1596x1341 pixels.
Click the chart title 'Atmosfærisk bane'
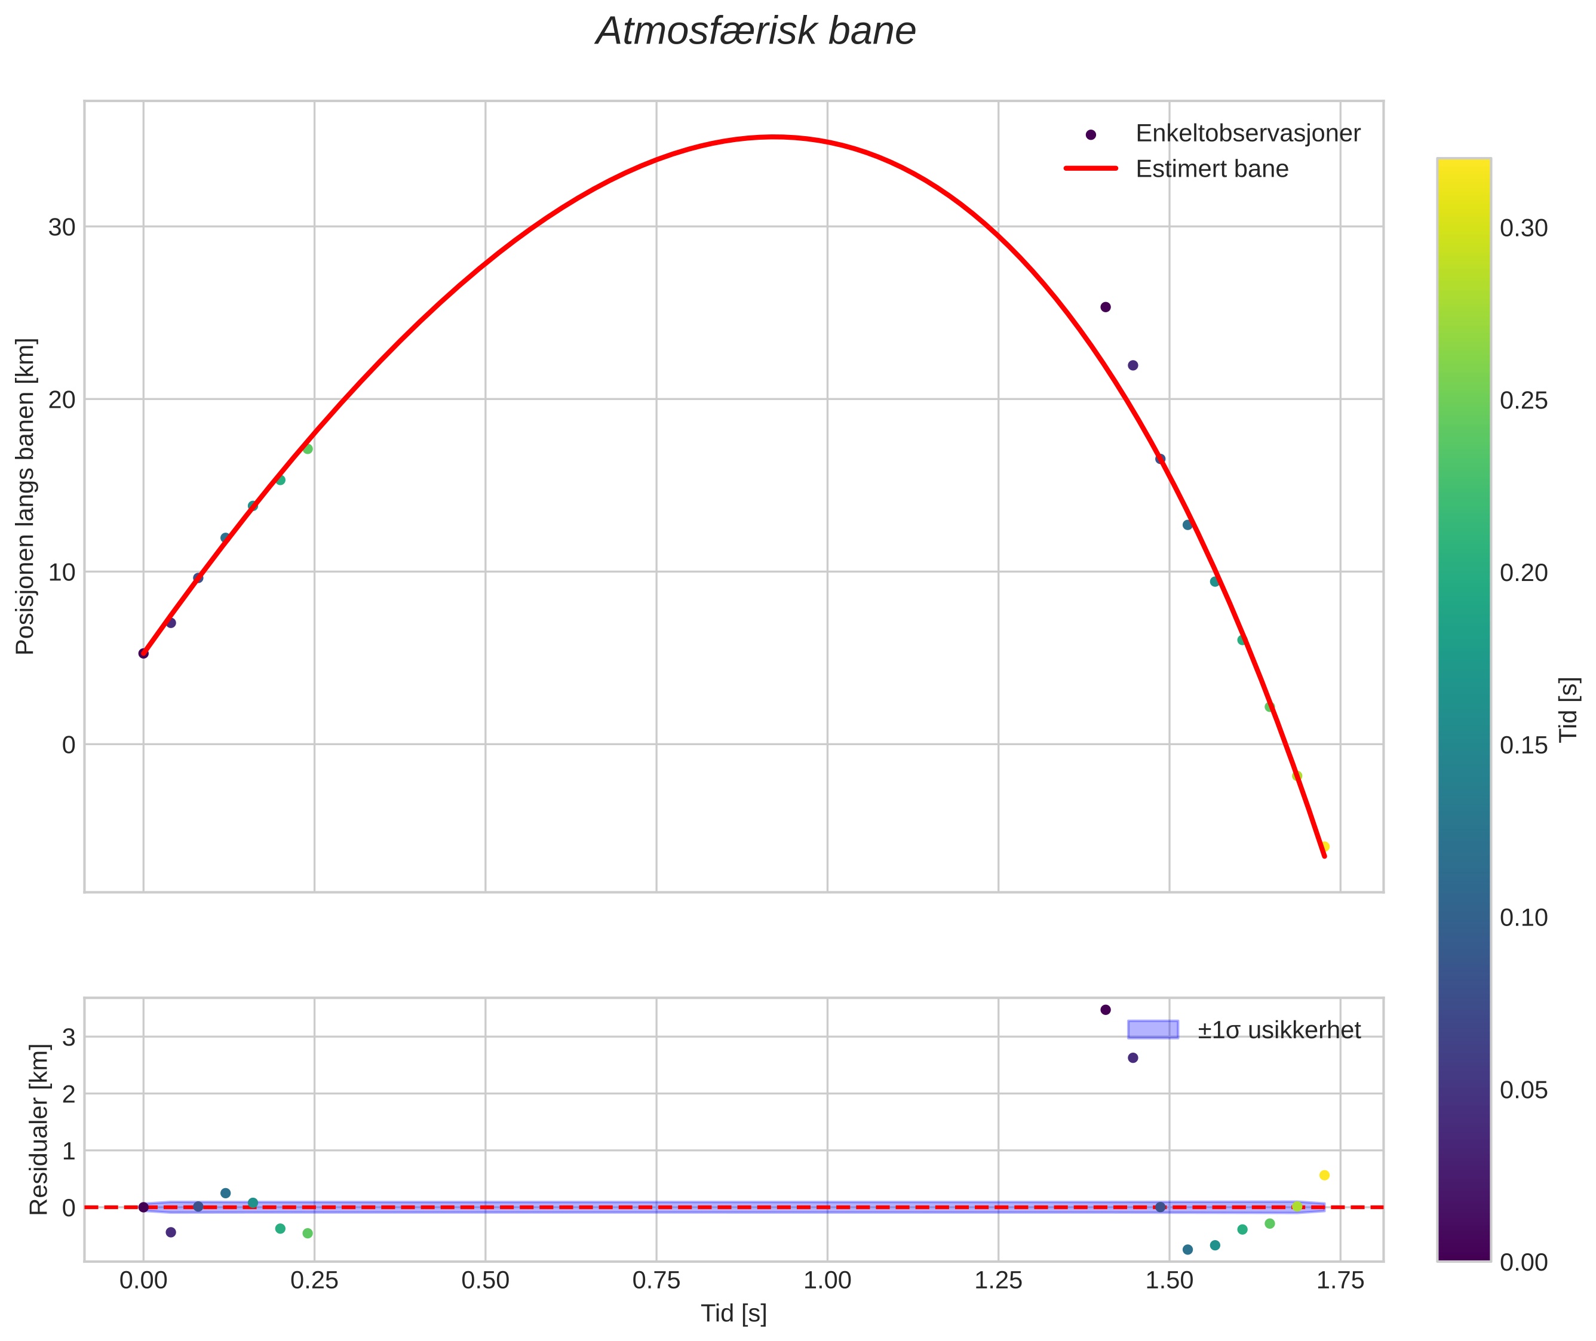(755, 32)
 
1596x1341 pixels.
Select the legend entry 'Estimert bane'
(1211, 169)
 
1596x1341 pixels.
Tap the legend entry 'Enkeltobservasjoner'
(1247, 134)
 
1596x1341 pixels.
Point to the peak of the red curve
(774, 137)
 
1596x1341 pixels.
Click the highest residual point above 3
(1105, 1010)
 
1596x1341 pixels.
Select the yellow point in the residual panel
(1324, 1175)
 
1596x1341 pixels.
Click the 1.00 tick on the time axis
(827, 1281)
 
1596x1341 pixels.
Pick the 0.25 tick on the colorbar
(1523, 401)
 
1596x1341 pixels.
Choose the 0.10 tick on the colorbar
(1523, 918)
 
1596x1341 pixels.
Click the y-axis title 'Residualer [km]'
(39, 1129)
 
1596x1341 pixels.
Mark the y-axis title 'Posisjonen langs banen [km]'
(25, 496)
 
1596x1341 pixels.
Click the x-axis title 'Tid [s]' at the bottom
(733, 1314)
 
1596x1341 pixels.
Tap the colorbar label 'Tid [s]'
(1569, 709)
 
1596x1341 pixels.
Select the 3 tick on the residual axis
(69, 1037)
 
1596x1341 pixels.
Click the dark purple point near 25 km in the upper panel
(1105, 307)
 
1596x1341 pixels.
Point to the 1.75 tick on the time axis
(1340, 1281)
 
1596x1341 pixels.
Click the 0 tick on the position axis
(69, 745)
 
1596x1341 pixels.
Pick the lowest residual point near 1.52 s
(1187, 1250)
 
